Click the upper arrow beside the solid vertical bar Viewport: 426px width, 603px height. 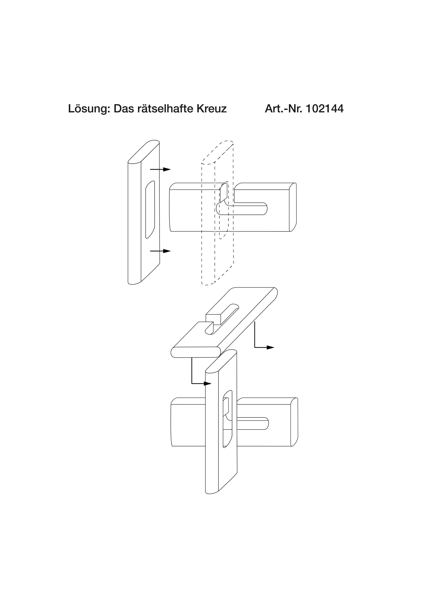160,169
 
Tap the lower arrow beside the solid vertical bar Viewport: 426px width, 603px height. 160,251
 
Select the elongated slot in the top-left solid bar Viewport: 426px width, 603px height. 150,210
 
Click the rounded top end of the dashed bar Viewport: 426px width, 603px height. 217,152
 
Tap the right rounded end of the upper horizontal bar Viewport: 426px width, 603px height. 293,207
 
